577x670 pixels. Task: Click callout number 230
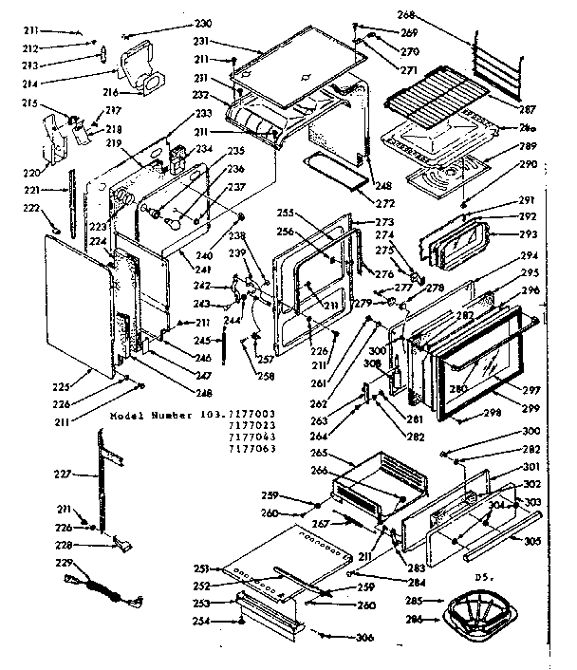203,23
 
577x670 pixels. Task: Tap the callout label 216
109,92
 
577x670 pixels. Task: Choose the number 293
527,233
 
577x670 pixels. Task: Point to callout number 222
33,207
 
